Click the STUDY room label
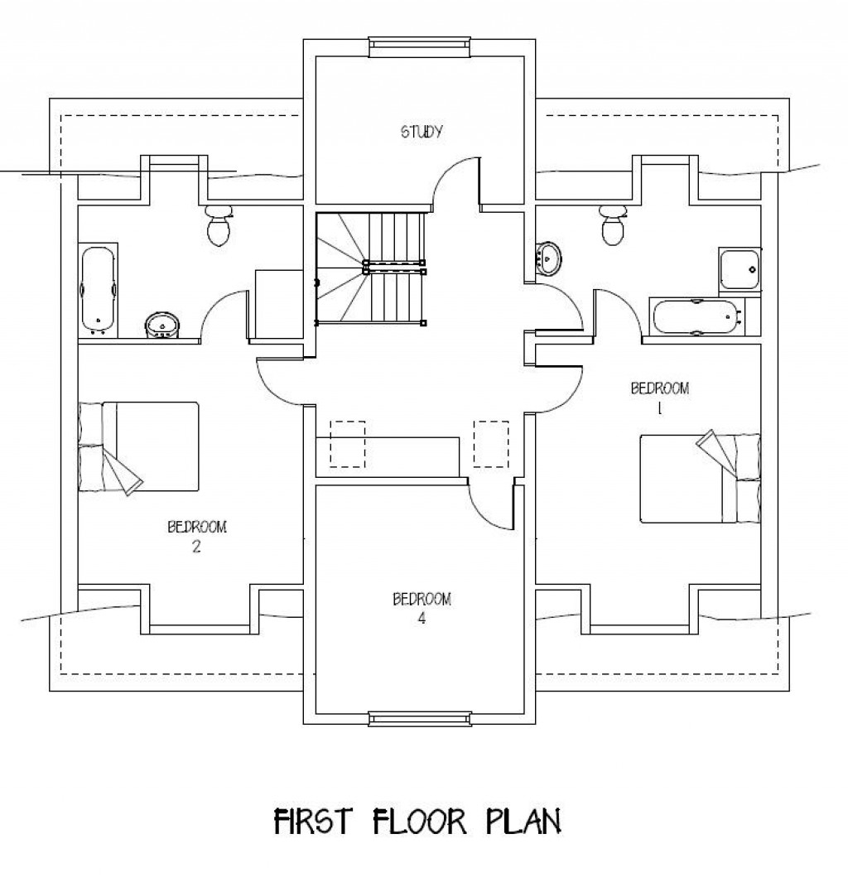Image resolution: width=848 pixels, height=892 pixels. (x=422, y=131)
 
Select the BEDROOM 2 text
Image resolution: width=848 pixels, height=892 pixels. (x=196, y=535)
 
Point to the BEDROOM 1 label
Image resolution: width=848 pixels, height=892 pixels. (x=660, y=395)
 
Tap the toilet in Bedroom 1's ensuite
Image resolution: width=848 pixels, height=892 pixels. (x=613, y=226)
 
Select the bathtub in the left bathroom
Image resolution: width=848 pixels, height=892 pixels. (x=98, y=291)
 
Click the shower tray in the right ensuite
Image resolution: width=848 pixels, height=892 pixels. (x=740, y=269)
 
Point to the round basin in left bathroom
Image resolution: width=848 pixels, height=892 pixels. (x=161, y=325)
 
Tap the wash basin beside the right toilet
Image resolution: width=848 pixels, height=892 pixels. (x=548, y=258)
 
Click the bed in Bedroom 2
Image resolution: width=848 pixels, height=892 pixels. (x=139, y=447)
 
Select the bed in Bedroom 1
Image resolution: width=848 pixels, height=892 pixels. (x=701, y=479)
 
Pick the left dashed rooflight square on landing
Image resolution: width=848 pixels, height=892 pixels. (x=348, y=444)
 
